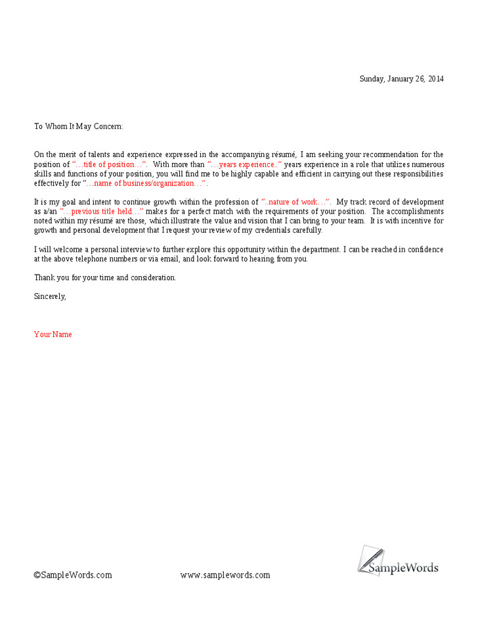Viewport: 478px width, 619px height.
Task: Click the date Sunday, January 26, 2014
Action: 401,79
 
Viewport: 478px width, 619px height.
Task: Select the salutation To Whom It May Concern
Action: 78,126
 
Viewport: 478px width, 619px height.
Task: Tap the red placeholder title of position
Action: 110,164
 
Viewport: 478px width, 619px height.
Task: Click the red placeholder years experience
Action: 244,164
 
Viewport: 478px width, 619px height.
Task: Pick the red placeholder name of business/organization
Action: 145,183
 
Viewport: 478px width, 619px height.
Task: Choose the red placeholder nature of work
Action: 295,202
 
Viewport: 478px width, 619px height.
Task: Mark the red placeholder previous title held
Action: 102,212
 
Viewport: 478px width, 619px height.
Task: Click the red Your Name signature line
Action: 53,334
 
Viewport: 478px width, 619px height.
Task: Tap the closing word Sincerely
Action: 50,296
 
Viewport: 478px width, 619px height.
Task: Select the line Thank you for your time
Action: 105,277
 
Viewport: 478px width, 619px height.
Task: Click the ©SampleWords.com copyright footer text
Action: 73,575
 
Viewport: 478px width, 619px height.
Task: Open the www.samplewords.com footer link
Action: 225,575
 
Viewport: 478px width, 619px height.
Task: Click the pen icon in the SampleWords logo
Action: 370,558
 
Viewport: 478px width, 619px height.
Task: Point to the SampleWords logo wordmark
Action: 403,568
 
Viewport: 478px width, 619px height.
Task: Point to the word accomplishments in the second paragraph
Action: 407,212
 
